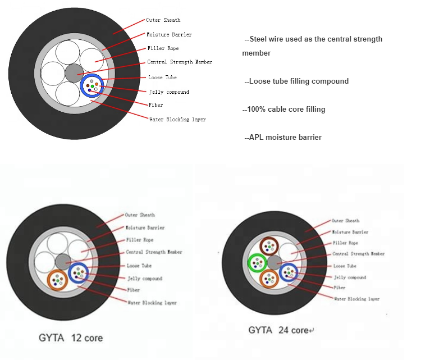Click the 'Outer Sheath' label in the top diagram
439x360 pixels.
(x=163, y=20)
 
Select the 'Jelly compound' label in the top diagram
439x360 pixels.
(x=168, y=92)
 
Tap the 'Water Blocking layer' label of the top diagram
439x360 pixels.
(x=177, y=119)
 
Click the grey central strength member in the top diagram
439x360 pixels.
(x=74, y=72)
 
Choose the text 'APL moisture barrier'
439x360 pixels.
(x=283, y=137)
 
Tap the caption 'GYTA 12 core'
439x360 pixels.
(x=70, y=338)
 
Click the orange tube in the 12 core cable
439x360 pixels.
(x=57, y=279)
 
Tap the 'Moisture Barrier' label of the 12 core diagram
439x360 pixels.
(x=145, y=228)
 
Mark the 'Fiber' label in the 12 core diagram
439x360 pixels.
(x=133, y=290)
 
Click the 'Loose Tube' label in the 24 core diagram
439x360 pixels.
(x=345, y=266)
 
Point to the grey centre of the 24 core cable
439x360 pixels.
(x=274, y=262)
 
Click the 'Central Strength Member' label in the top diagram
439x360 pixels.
(x=180, y=62)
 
